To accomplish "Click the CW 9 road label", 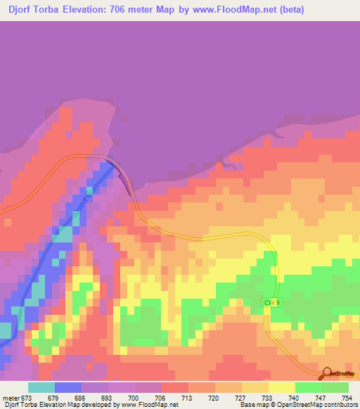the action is click(272, 302).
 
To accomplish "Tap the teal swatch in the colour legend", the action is click(41, 387).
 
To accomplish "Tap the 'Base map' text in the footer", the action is click(257, 405).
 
